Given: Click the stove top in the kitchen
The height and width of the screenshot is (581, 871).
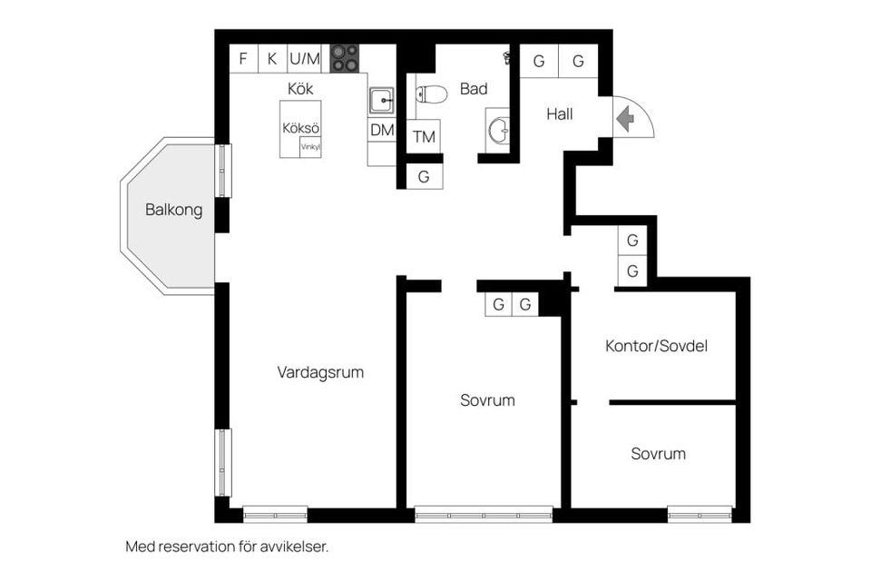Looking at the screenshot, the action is pyautogui.click(x=345, y=58).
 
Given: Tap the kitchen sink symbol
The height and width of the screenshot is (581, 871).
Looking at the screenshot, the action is pyautogui.click(x=382, y=101).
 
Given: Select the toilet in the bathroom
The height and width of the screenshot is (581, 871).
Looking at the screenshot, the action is pyautogui.click(x=432, y=94).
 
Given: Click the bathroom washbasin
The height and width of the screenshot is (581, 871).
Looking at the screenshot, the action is pyautogui.click(x=498, y=130).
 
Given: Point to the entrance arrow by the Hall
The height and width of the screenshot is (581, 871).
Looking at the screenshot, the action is pyautogui.click(x=625, y=119).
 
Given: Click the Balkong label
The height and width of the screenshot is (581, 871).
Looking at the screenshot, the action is pyautogui.click(x=174, y=210).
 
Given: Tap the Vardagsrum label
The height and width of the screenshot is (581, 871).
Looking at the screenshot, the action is pyautogui.click(x=320, y=372).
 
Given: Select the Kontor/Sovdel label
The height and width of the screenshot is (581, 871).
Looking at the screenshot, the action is pyautogui.click(x=657, y=346).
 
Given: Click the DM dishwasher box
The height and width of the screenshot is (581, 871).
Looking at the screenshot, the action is pyautogui.click(x=382, y=130).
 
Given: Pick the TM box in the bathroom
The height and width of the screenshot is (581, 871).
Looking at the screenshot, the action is pyautogui.click(x=424, y=136).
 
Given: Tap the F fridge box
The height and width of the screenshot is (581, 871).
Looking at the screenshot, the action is pyautogui.click(x=243, y=58).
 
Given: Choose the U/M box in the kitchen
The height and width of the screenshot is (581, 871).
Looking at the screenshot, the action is pyautogui.click(x=305, y=58).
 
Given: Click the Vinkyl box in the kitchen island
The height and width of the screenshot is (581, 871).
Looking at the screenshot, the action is pyautogui.click(x=310, y=147).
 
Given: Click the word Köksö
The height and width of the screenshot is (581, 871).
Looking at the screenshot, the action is pyautogui.click(x=300, y=128).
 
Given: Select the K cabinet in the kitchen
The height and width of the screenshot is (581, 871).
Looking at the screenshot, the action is pyautogui.click(x=272, y=58).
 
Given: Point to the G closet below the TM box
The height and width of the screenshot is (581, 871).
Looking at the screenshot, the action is pyautogui.click(x=425, y=176).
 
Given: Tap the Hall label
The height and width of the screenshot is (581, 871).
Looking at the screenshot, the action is pyautogui.click(x=560, y=114).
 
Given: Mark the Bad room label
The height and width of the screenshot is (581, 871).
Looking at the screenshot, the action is pyautogui.click(x=474, y=88).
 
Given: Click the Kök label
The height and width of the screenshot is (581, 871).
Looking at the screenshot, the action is pyautogui.click(x=300, y=88).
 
